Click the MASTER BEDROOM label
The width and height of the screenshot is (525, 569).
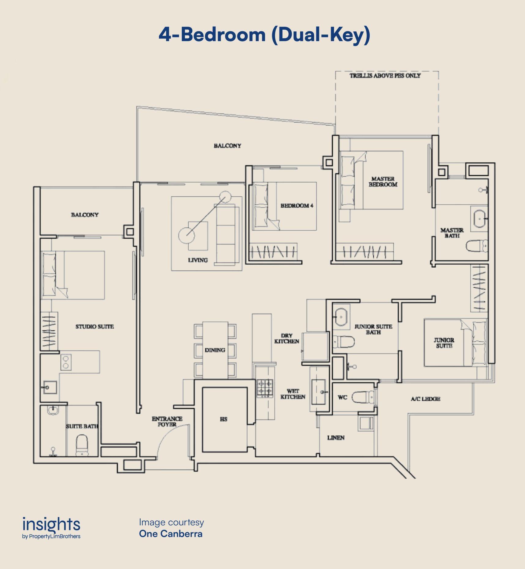coord(383,181)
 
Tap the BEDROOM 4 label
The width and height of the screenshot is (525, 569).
coord(297,206)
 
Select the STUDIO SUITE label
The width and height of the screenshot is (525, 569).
coord(94,326)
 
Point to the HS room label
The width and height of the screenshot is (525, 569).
coord(224,419)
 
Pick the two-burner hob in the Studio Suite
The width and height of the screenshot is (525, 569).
coord(66,362)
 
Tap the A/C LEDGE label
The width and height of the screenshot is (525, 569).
coord(425,399)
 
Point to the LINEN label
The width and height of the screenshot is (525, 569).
coord(336,438)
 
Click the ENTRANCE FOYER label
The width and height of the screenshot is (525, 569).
coord(167,422)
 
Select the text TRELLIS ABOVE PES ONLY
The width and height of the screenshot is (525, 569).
coord(385,76)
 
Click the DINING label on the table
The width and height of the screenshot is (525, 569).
coord(215,350)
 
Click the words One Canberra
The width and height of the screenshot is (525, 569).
coord(171,534)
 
